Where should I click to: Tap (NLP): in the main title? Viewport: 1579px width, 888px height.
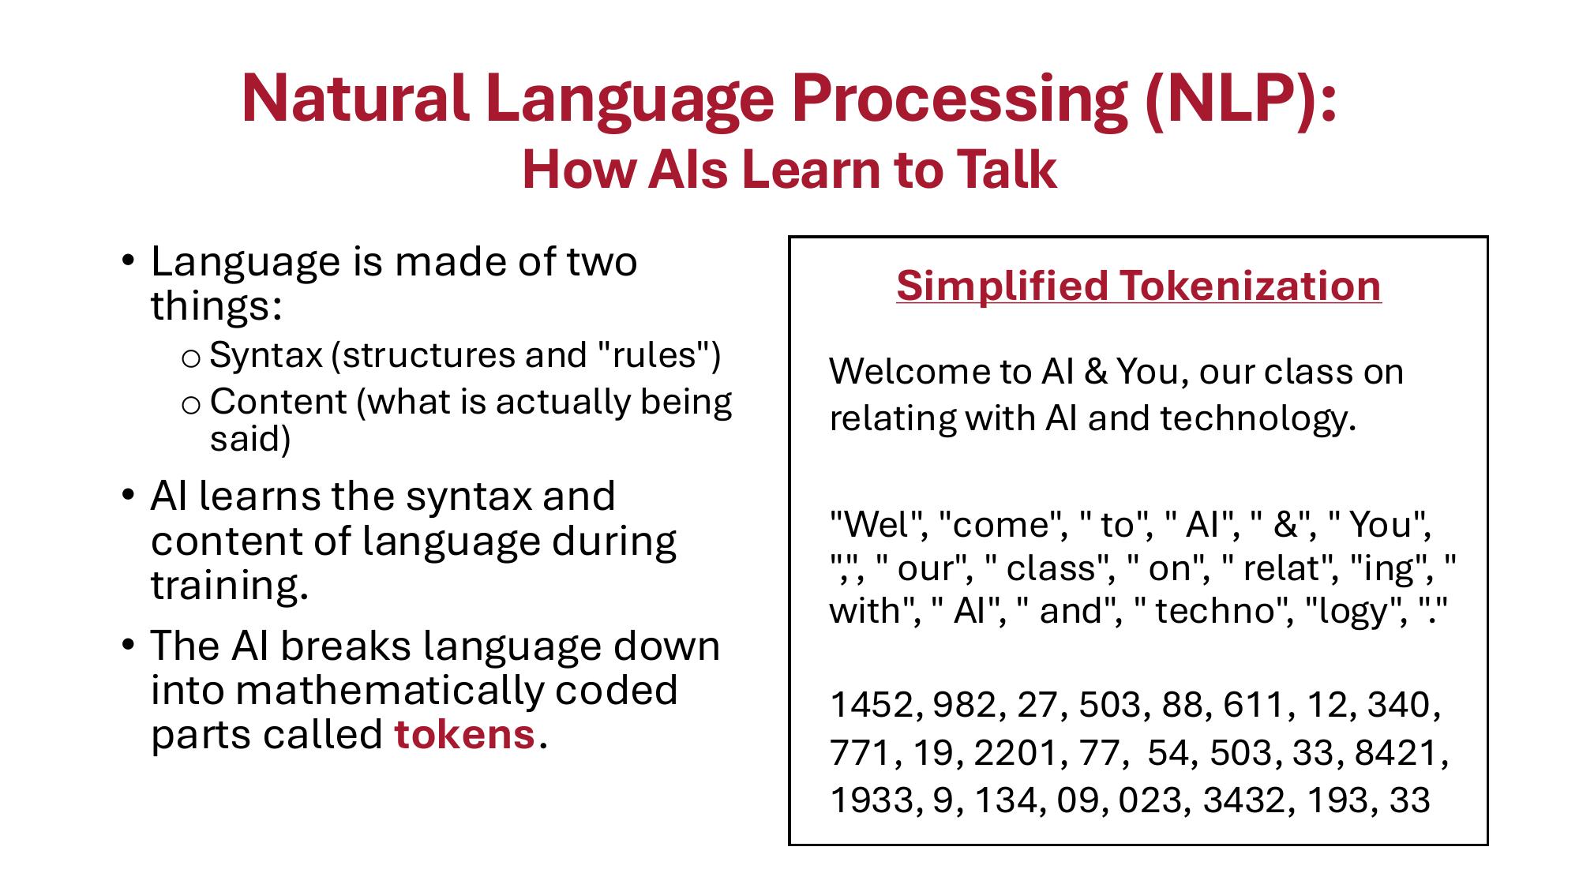tap(1240, 99)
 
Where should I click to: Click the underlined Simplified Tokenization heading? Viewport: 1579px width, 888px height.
tap(1138, 285)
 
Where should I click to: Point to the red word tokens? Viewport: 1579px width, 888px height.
tap(464, 735)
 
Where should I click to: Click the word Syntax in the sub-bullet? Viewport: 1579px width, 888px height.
tap(266, 355)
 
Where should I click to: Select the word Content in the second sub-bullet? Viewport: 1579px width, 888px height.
tap(278, 402)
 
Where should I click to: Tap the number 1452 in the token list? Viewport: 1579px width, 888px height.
tap(871, 705)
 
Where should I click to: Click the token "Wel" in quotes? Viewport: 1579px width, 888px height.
tap(878, 524)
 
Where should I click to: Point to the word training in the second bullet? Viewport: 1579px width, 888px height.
tap(228, 586)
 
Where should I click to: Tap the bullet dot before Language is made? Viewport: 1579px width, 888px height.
tap(128, 260)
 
